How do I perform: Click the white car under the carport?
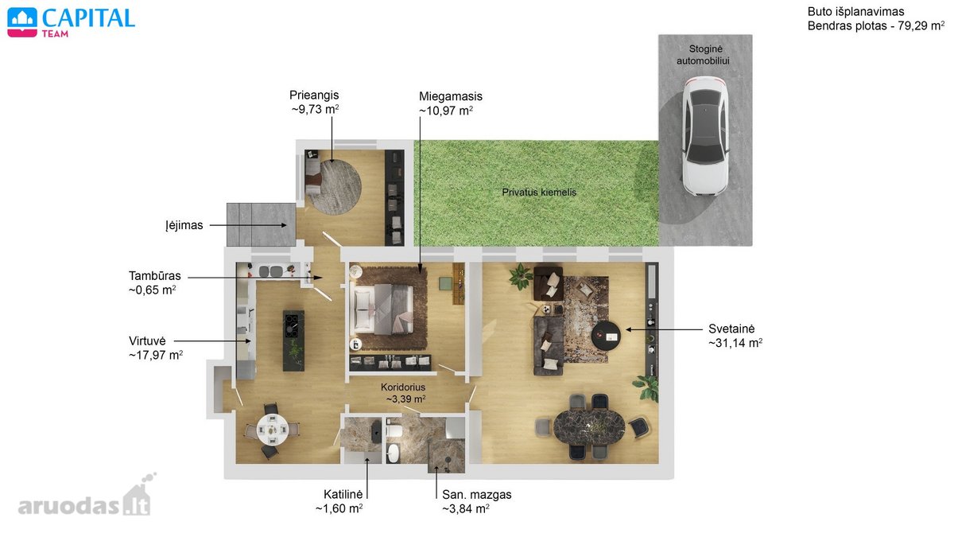705,136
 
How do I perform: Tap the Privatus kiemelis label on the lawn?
539,193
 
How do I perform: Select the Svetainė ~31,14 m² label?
735,336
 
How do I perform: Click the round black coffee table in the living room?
606,336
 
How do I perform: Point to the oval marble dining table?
589,427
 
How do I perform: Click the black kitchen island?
293,340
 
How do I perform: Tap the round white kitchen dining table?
272,430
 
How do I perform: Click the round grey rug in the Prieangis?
336,187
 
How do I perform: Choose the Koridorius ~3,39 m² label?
403,393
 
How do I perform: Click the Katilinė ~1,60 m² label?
339,501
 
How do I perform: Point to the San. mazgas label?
476,494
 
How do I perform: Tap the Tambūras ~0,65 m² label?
155,283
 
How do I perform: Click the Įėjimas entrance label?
184,225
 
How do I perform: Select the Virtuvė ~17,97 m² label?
156,348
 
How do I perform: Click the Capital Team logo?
71,22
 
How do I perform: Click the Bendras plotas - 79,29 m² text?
875,25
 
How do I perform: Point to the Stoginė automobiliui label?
703,55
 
